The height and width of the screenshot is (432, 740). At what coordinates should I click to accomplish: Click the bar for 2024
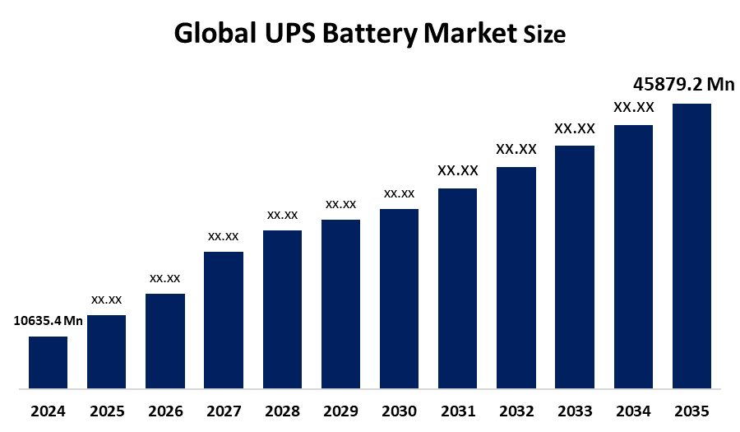point(48,362)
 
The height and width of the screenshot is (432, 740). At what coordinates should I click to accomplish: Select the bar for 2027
point(224,319)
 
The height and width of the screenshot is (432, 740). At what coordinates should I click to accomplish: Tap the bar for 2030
point(399,298)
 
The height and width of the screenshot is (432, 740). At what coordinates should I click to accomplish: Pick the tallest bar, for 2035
point(691,245)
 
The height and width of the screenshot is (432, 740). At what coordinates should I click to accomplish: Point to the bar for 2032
point(516,277)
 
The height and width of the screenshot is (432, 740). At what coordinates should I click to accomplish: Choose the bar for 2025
point(106,351)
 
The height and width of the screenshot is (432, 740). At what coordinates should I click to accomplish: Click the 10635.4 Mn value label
point(49,321)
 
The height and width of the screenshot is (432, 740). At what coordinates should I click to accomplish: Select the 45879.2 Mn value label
point(683,84)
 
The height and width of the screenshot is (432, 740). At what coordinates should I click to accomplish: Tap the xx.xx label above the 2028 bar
point(282,215)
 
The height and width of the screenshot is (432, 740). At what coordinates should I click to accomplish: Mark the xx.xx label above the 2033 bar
point(575,128)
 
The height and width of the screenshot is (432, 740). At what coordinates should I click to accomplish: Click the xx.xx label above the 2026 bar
point(164,278)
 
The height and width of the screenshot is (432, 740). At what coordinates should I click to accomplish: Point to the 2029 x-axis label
point(340,411)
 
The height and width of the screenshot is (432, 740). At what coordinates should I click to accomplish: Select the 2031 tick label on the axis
point(457,411)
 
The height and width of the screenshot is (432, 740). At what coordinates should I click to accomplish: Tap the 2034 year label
point(633,411)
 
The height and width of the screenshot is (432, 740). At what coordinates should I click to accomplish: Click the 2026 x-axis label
point(164,411)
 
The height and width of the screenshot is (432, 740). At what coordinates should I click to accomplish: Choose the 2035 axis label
point(691,411)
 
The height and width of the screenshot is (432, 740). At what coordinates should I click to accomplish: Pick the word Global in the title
point(214,35)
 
